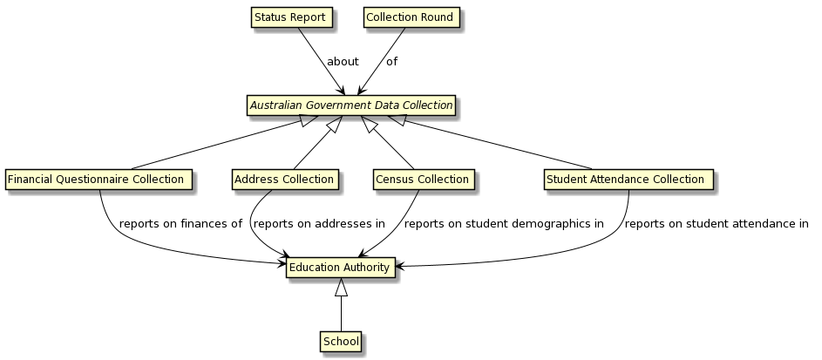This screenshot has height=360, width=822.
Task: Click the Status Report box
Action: [x=291, y=17]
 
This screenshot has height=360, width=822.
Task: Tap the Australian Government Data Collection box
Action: [x=351, y=105]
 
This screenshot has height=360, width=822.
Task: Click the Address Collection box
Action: [x=284, y=180]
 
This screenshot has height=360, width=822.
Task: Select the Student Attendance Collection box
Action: [x=628, y=180]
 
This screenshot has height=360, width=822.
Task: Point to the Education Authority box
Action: [x=339, y=268]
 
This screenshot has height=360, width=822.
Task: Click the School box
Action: [x=340, y=342]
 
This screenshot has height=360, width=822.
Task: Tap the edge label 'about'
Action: [x=343, y=62]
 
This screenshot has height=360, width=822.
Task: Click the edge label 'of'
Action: [x=391, y=62]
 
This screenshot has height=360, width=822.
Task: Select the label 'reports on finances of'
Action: [x=180, y=224]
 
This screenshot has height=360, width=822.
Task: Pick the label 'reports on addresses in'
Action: [x=318, y=224]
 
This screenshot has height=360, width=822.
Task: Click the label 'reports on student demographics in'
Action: [x=504, y=224]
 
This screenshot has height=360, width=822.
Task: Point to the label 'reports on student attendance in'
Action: [x=717, y=224]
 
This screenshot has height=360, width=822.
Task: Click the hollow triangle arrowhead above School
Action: [x=341, y=287]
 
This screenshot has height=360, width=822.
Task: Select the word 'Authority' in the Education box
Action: [x=365, y=268]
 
